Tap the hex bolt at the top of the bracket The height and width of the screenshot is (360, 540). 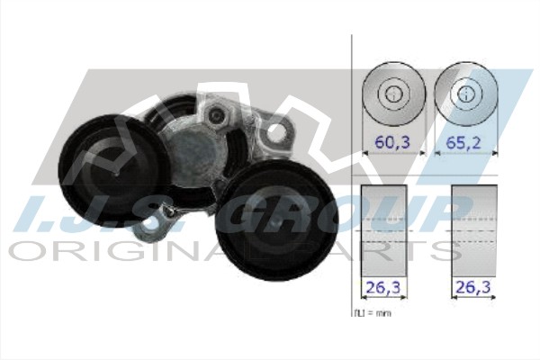pos(216,114)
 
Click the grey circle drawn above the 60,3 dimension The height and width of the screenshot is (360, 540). pos(392,94)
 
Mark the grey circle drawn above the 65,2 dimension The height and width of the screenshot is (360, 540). pos(465,94)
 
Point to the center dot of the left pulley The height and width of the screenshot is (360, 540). pos(116,167)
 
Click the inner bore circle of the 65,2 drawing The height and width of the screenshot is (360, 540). pos(465,94)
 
